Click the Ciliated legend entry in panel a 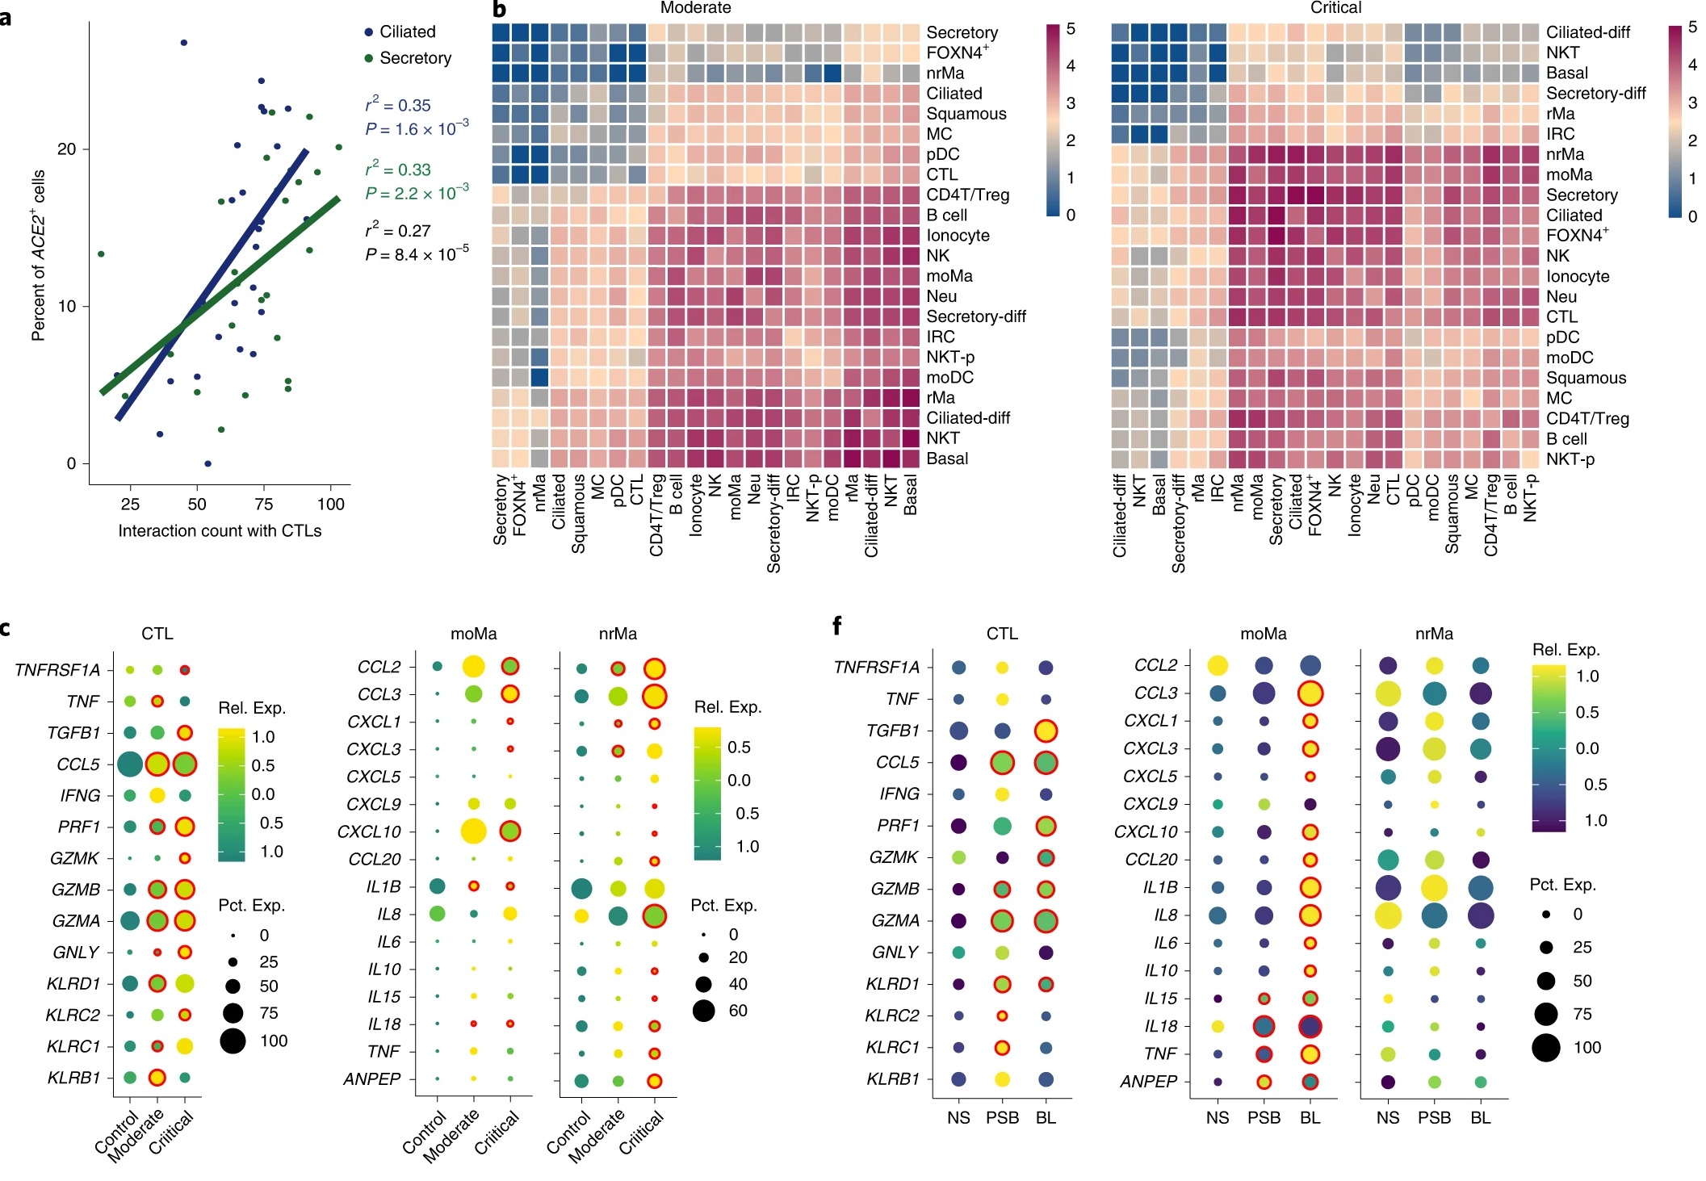pyautogui.click(x=407, y=31)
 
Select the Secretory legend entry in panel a pyautogui.click(x=414, y=58)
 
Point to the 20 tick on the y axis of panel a pyautogui.click(x=66, y=149)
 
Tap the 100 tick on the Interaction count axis pyautogui.click(x=330, y=505)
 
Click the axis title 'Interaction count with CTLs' pyautogui.click(x=220, y=530)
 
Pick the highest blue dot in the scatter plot pyautogui.click(x=183, y=43)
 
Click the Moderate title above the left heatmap pyautogui.click(x=695, y=8)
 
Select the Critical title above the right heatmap pyautogui.click(x=1335, y=8)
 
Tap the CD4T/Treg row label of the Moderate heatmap pyautogui.click(x=967, y=195)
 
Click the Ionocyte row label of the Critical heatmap pyautogui.click(x=1577, y=276)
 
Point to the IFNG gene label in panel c pyautogui.click(x=80, y=795)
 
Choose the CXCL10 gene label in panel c pyautogui.click(x=369, y=831)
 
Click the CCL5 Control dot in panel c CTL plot pyautogui.click(x=130, y=764)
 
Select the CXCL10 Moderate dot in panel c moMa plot pyautogui.click(x=473, y=831)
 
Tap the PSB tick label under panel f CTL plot pyautogui.click(x=1002, y=1117)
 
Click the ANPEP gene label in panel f pyautogui.click(x=1148, y=1082)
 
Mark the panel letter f pyautogui.click(x=837, y=625)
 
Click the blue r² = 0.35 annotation pyautogui.click(x=398, y=105)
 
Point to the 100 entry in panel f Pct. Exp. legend pyautogui.click(x=1587, y=1048)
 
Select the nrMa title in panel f pyautogui.click(x=1434, y=634)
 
